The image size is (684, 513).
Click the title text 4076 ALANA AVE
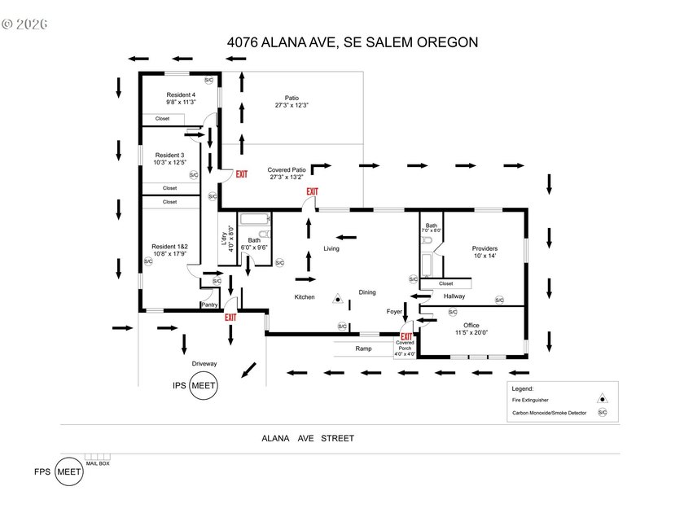point(281,42)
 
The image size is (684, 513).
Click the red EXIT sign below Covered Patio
point(312,191)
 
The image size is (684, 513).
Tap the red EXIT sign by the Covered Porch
point(406,336)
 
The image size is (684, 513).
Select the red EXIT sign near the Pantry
point(230,318)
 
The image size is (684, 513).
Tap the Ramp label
point(363,349)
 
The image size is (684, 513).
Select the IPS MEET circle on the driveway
point(204,387)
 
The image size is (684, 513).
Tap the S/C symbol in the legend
point(603,413)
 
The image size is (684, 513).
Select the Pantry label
point(209,305)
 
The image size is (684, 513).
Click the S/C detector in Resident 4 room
point(208,80)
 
